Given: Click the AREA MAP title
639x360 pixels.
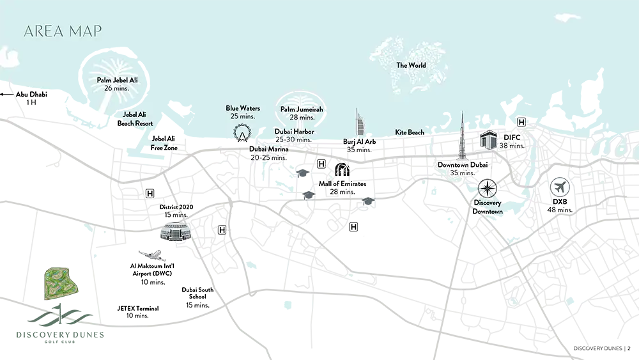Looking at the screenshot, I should click(62, 31).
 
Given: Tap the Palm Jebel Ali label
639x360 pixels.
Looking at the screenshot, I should click(117, 81).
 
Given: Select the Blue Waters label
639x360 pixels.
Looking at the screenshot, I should click(241, 109).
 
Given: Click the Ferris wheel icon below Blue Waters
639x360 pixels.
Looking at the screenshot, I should click(242, 132).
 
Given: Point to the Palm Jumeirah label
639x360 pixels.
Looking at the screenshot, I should click(302, 110).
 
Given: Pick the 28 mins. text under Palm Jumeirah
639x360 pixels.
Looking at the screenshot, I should click(302, 118).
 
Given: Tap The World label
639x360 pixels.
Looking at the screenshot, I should click(411, 65).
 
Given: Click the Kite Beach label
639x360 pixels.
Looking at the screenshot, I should click(410, 133).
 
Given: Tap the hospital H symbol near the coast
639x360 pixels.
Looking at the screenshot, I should click(521, 122).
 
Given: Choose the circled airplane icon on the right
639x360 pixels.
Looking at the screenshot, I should click(560, 188).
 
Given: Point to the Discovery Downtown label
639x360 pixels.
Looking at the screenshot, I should click(488, 207).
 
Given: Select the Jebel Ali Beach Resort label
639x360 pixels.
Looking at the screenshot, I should click(135, 120).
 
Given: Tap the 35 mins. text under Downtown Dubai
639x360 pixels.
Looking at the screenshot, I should click(462, 173).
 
